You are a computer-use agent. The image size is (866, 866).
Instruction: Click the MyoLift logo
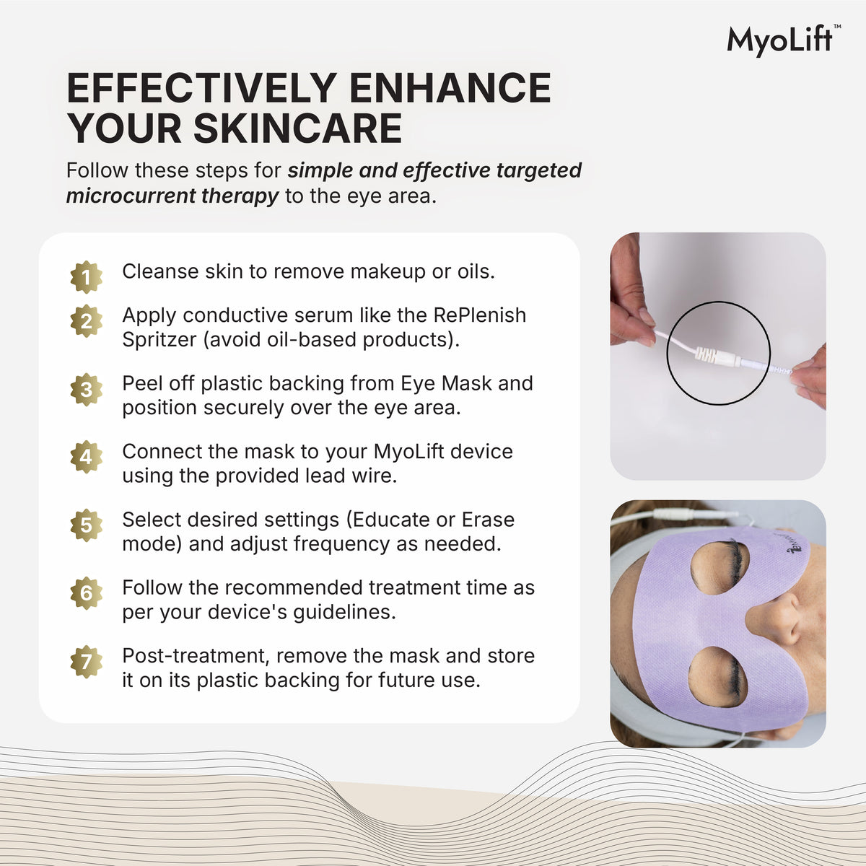click(x=783, y=41)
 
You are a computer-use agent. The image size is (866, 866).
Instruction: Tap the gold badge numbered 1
click(x=87, y=277)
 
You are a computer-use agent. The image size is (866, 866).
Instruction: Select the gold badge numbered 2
click(x=87, y=321)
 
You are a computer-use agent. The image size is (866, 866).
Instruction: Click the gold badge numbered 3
click(x=87, y=389)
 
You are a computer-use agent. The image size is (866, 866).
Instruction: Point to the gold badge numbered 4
click(x=87, y=457)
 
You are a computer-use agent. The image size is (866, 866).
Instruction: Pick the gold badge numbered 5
click(x=87, y=525)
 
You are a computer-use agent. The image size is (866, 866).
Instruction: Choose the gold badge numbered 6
click(x=87, y=593)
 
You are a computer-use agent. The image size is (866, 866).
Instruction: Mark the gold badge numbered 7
click(x=87, y=662)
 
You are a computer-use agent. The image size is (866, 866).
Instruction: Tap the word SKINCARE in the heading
click(x=298, y=128)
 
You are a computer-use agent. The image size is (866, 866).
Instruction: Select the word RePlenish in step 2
click(x=479, y=315)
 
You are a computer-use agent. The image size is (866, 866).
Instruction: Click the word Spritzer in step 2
click(x=159, y=340)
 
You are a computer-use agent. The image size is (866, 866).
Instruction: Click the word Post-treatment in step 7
click(x=196, y=656)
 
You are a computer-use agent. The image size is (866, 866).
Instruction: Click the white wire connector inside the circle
click(x=718, y=357)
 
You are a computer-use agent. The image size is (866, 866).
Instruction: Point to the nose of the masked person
click(x=776, y=620)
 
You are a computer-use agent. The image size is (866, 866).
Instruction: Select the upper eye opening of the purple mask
click(x=720, y=567)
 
